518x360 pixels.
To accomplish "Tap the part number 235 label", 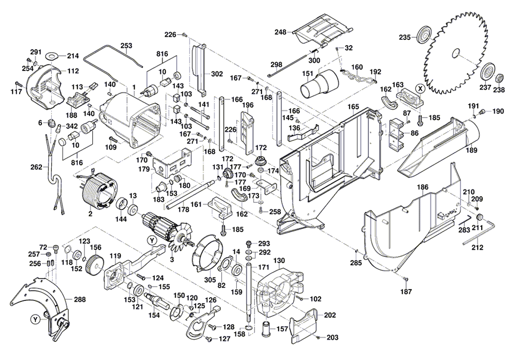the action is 405,37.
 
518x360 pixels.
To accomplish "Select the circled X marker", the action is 420,88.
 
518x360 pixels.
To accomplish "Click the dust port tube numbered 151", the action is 320,84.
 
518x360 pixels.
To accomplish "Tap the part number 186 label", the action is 423,188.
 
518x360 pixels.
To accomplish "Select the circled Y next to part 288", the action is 35,320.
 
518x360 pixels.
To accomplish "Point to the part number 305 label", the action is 210,280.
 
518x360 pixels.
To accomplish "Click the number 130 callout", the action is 279,261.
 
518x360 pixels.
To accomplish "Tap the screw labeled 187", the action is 407,279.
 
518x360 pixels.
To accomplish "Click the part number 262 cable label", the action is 36,167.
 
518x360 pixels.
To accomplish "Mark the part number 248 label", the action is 280,32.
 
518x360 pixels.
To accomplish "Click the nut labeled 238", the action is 499,79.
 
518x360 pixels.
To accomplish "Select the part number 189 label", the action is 471,150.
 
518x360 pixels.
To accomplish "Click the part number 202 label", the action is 329,315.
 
